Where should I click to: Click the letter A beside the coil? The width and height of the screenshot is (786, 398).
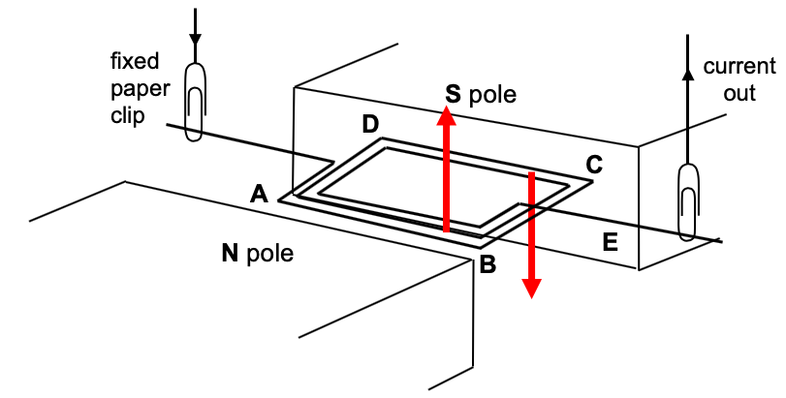[258, 194]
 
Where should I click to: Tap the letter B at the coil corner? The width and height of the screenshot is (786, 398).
[488, 262]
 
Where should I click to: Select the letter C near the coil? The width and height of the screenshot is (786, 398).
[594, 165]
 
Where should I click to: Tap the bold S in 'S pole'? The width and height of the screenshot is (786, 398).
[453, 94]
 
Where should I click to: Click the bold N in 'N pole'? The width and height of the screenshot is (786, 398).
[230, 254]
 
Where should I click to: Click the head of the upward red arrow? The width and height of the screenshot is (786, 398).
[446, 116]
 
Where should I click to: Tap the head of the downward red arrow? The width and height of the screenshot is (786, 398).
[531, 288]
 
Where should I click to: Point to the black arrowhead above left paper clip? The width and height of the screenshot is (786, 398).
[196, 40]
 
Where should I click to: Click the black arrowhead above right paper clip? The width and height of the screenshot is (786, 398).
[687, 73]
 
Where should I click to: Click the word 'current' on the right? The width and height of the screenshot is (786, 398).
[739, 67]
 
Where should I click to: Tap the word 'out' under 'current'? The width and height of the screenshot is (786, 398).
[739, 94]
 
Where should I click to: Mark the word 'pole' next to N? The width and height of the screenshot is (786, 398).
[268, 255]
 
